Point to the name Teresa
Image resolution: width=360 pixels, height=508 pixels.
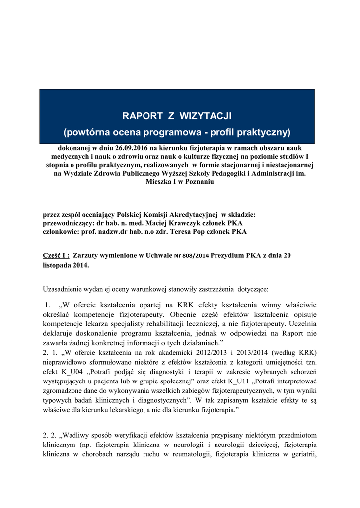click(x=184, y=232)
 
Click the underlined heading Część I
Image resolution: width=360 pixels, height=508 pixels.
click(x=56, y=255)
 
